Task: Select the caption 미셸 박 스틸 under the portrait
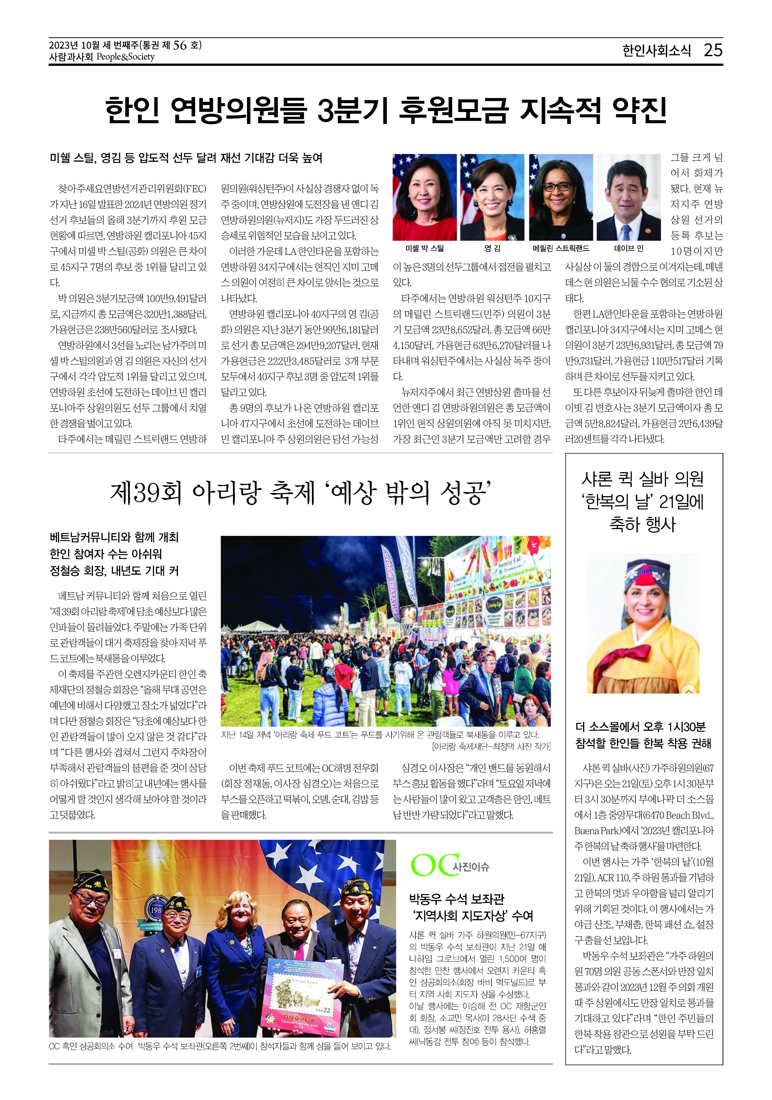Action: (425, 248)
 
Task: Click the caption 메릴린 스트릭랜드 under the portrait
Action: (561, 248)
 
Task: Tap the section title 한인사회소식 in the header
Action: (657, 51)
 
